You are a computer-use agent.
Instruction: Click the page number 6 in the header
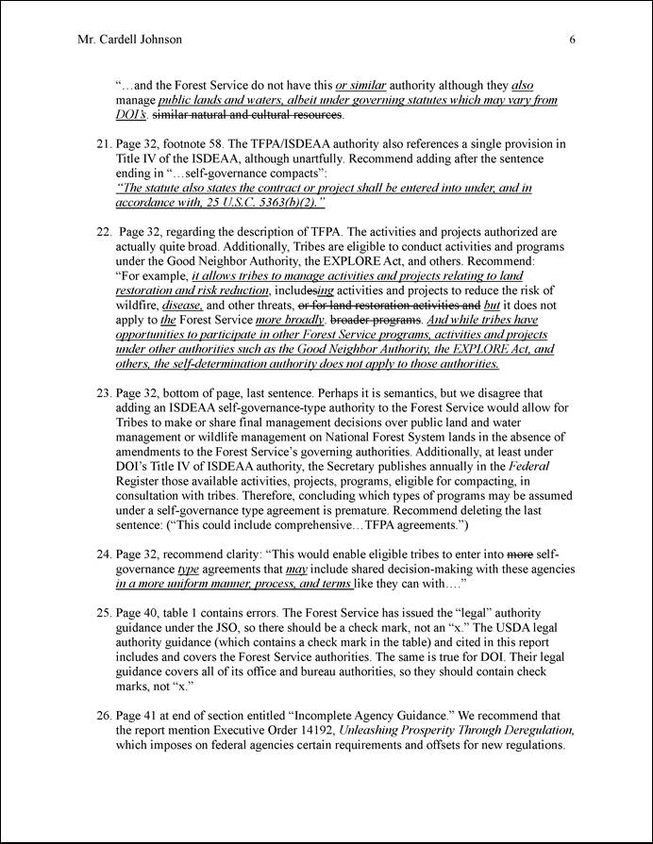point(574,40)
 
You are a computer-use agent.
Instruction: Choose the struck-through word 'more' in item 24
point(516,554)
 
